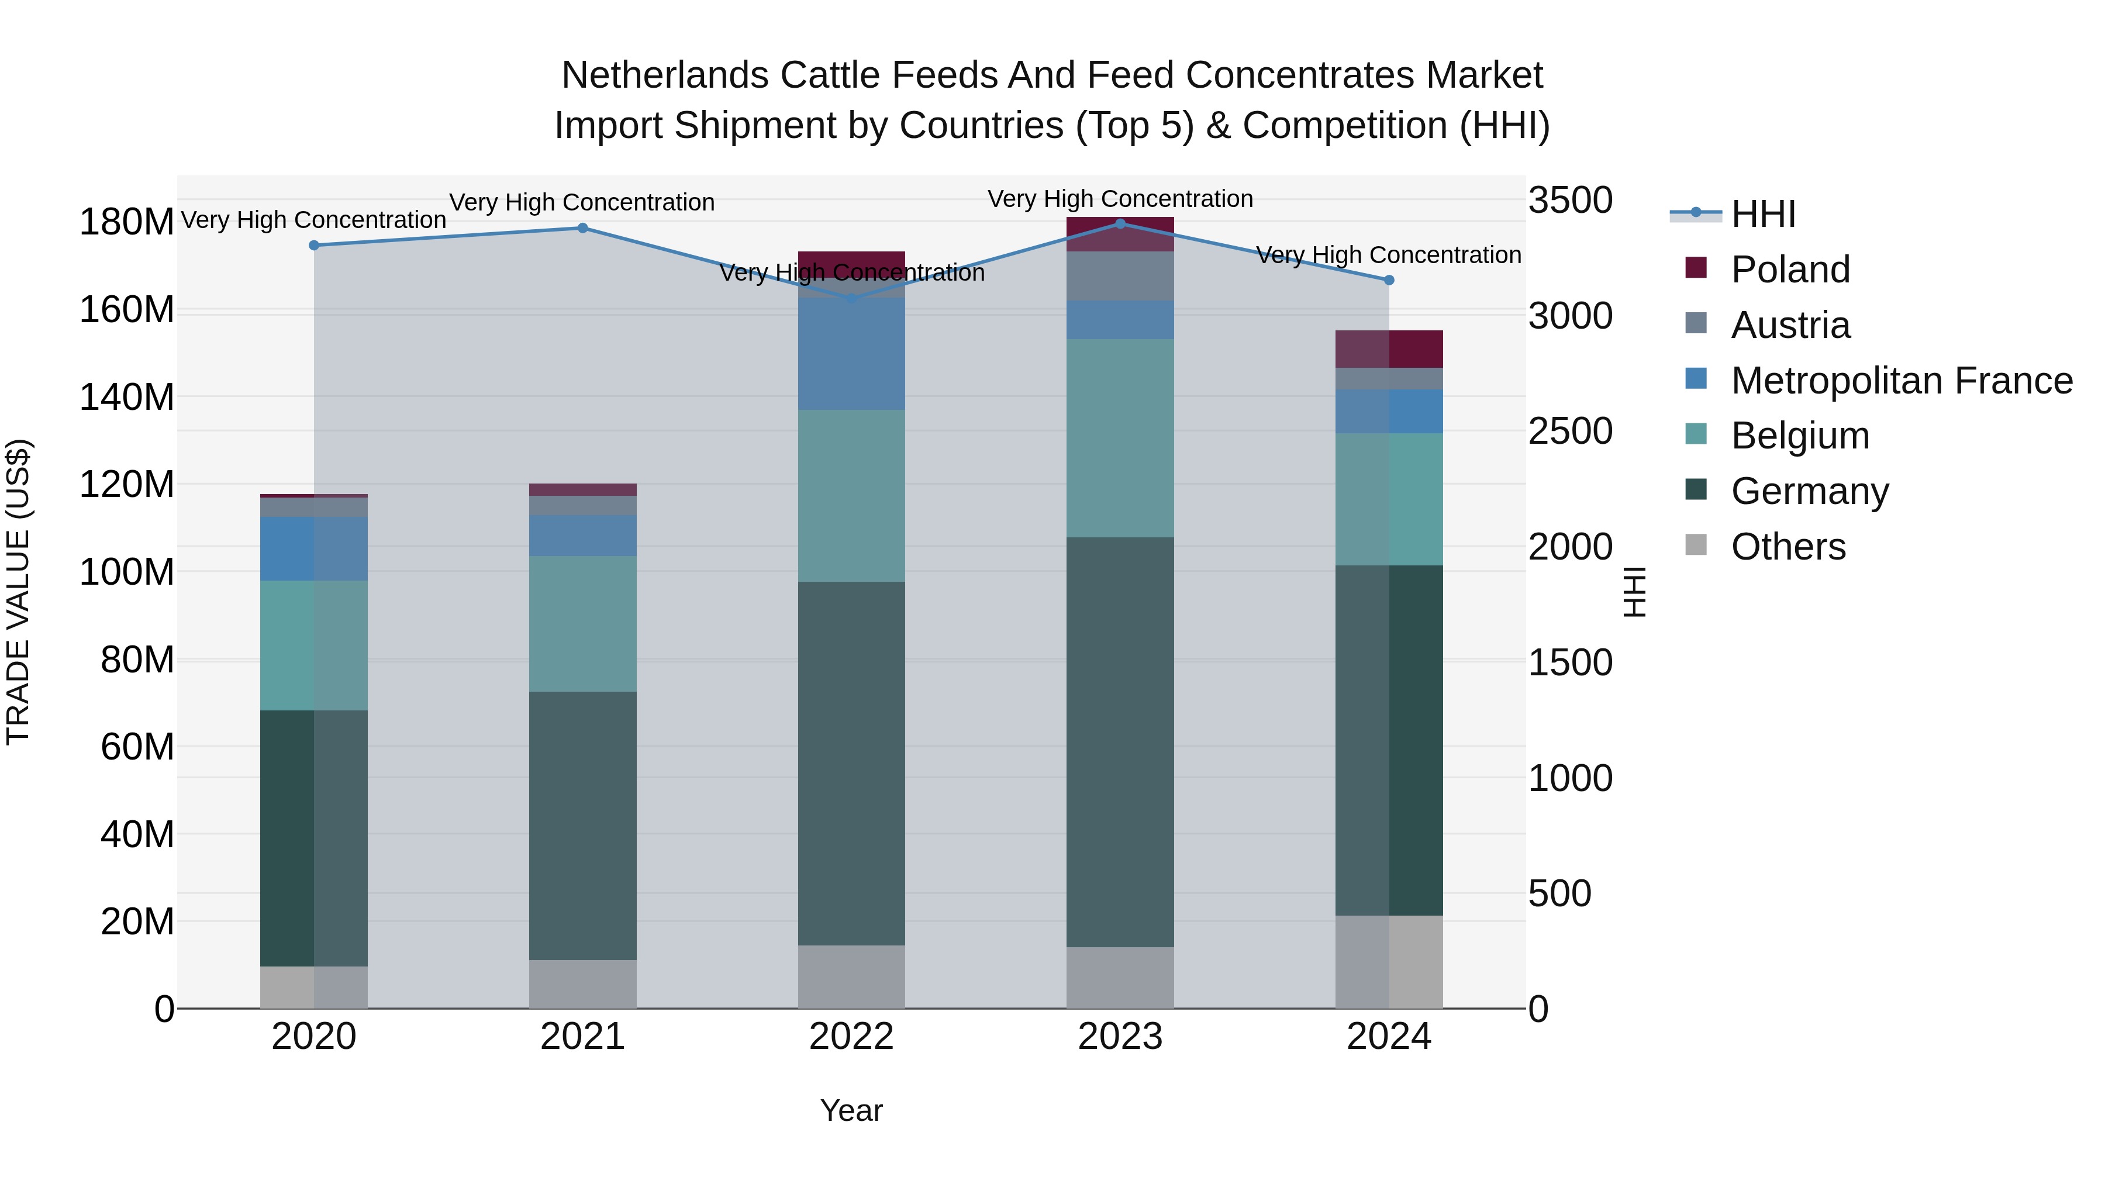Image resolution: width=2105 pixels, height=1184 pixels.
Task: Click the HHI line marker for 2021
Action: pos(582,228)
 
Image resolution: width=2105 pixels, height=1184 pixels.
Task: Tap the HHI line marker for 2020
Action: pos(314,245)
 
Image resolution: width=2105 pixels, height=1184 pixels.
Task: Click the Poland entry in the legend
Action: pos(1790,270)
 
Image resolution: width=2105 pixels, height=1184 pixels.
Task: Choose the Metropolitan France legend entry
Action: pos(1901,381)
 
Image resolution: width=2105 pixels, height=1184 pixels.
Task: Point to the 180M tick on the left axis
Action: pos(127,222)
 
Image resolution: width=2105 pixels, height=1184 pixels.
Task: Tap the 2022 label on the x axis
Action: pos(851,1037)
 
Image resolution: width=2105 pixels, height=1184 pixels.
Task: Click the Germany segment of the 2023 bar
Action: pos(1120,741)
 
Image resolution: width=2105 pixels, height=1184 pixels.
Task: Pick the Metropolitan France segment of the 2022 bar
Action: pos(851,354)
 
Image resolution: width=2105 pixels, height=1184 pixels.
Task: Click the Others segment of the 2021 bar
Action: pos(582,984)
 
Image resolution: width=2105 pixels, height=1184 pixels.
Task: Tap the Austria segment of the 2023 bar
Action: pos(1120,276)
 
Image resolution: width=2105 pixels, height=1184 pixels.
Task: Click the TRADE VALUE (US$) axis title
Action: pos(18,592)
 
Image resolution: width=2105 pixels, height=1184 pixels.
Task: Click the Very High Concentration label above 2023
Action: pos(1120,199)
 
